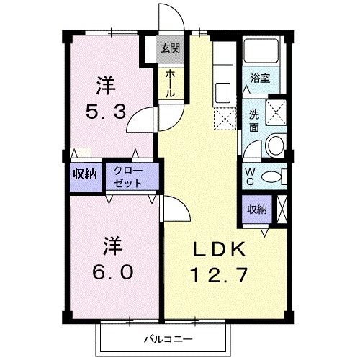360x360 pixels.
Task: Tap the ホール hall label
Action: click(169, 84)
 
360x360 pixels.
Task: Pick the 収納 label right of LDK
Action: click(256, 210)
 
